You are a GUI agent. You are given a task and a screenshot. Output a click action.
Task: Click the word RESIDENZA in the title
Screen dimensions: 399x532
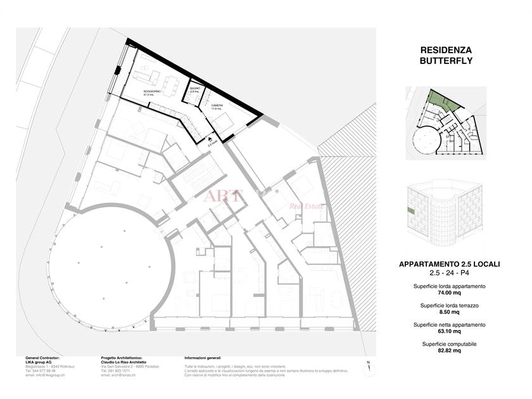[446, 49]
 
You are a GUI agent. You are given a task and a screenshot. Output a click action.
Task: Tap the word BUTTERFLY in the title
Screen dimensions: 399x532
[446, 61]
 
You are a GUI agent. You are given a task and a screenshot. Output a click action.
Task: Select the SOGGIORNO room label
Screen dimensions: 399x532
[151, 92]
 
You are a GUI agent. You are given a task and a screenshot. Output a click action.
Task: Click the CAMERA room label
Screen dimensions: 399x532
[217, 105]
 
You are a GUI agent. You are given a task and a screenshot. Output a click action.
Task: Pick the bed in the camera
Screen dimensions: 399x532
[225, 121]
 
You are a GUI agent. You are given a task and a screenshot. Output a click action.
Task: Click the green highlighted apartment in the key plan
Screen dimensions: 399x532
[436, 100]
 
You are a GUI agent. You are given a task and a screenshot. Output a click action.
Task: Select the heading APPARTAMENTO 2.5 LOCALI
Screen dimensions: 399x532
[445, 264]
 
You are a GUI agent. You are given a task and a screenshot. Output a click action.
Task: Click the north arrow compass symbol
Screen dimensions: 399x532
[367, 367]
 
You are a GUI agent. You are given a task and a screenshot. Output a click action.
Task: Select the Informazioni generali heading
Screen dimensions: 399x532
[203, 358]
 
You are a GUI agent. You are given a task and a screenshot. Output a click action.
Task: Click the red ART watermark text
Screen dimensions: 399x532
[222, 195]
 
